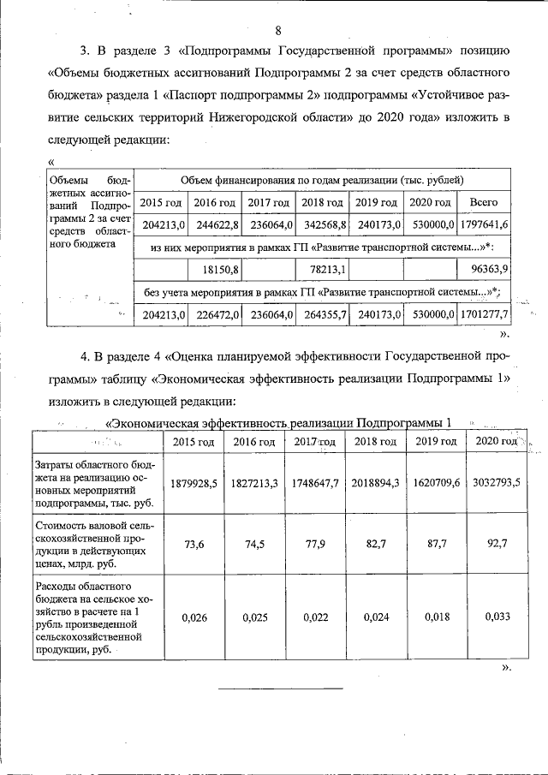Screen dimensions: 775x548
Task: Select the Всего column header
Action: coord(484,203)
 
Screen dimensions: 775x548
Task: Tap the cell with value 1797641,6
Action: coord(484,224)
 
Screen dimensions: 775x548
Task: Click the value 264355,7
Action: coord(324,315)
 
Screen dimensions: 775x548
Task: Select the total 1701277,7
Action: coord(484,315)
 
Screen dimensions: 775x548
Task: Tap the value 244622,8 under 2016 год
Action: coord(215,224)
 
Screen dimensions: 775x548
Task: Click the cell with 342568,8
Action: coord(324,224)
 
